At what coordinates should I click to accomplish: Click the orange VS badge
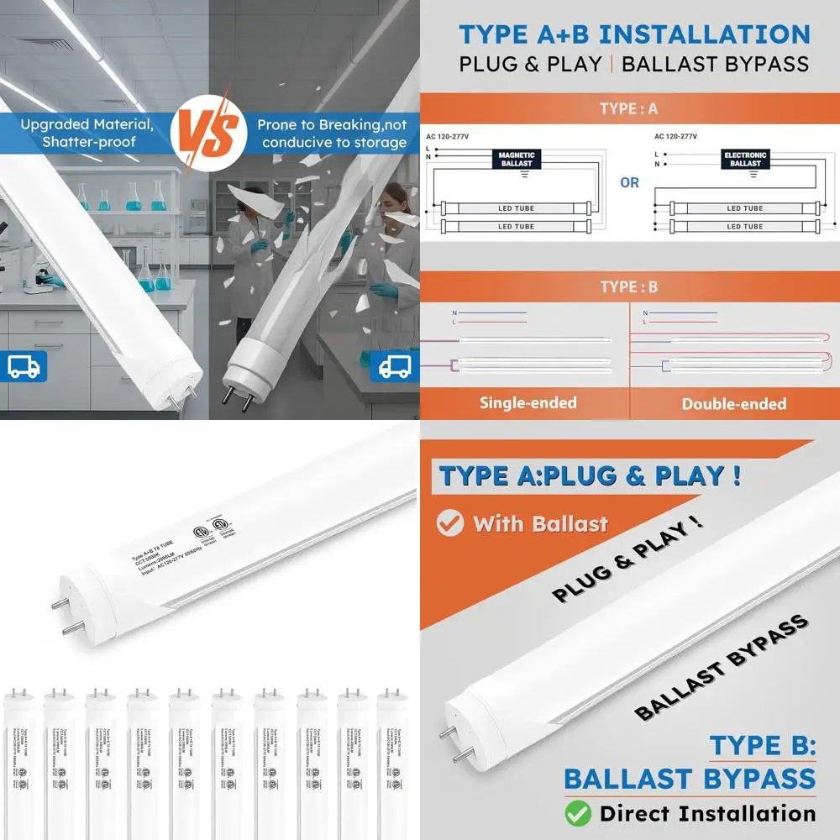click(209, 132)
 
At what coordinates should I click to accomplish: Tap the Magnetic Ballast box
click(517, 160)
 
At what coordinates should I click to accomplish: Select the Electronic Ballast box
click(745, 160)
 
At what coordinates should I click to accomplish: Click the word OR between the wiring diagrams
click(630, 182)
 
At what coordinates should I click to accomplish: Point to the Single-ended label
click(528, 403)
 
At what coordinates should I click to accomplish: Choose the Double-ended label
click(734, 404)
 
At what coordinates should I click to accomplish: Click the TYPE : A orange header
click(629, 109)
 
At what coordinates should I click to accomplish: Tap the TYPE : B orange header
click(629, 287)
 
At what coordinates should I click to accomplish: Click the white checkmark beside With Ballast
click(450, 523)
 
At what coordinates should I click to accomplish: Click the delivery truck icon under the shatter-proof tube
click(28, 366)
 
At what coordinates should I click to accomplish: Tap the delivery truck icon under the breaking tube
click(394, 366)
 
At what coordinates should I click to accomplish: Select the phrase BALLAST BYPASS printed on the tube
click(721, 668)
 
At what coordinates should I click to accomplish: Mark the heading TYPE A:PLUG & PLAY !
click(590, 476)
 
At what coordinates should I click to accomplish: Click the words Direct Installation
click(707, 813)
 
